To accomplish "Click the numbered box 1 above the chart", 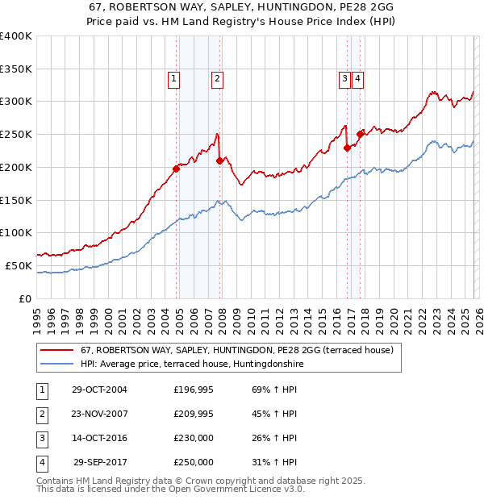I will point(174,78).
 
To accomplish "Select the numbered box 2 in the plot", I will point(218,78).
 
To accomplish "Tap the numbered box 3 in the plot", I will point(344,78).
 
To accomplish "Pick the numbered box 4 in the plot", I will point(357,78).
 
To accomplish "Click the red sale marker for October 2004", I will point(176,169).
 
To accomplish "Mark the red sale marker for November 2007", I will point(219,160).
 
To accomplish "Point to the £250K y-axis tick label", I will point(16,135).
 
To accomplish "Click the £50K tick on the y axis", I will point(19,265).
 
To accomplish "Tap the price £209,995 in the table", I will point(194,415).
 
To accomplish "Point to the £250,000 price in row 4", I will point(194,463).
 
